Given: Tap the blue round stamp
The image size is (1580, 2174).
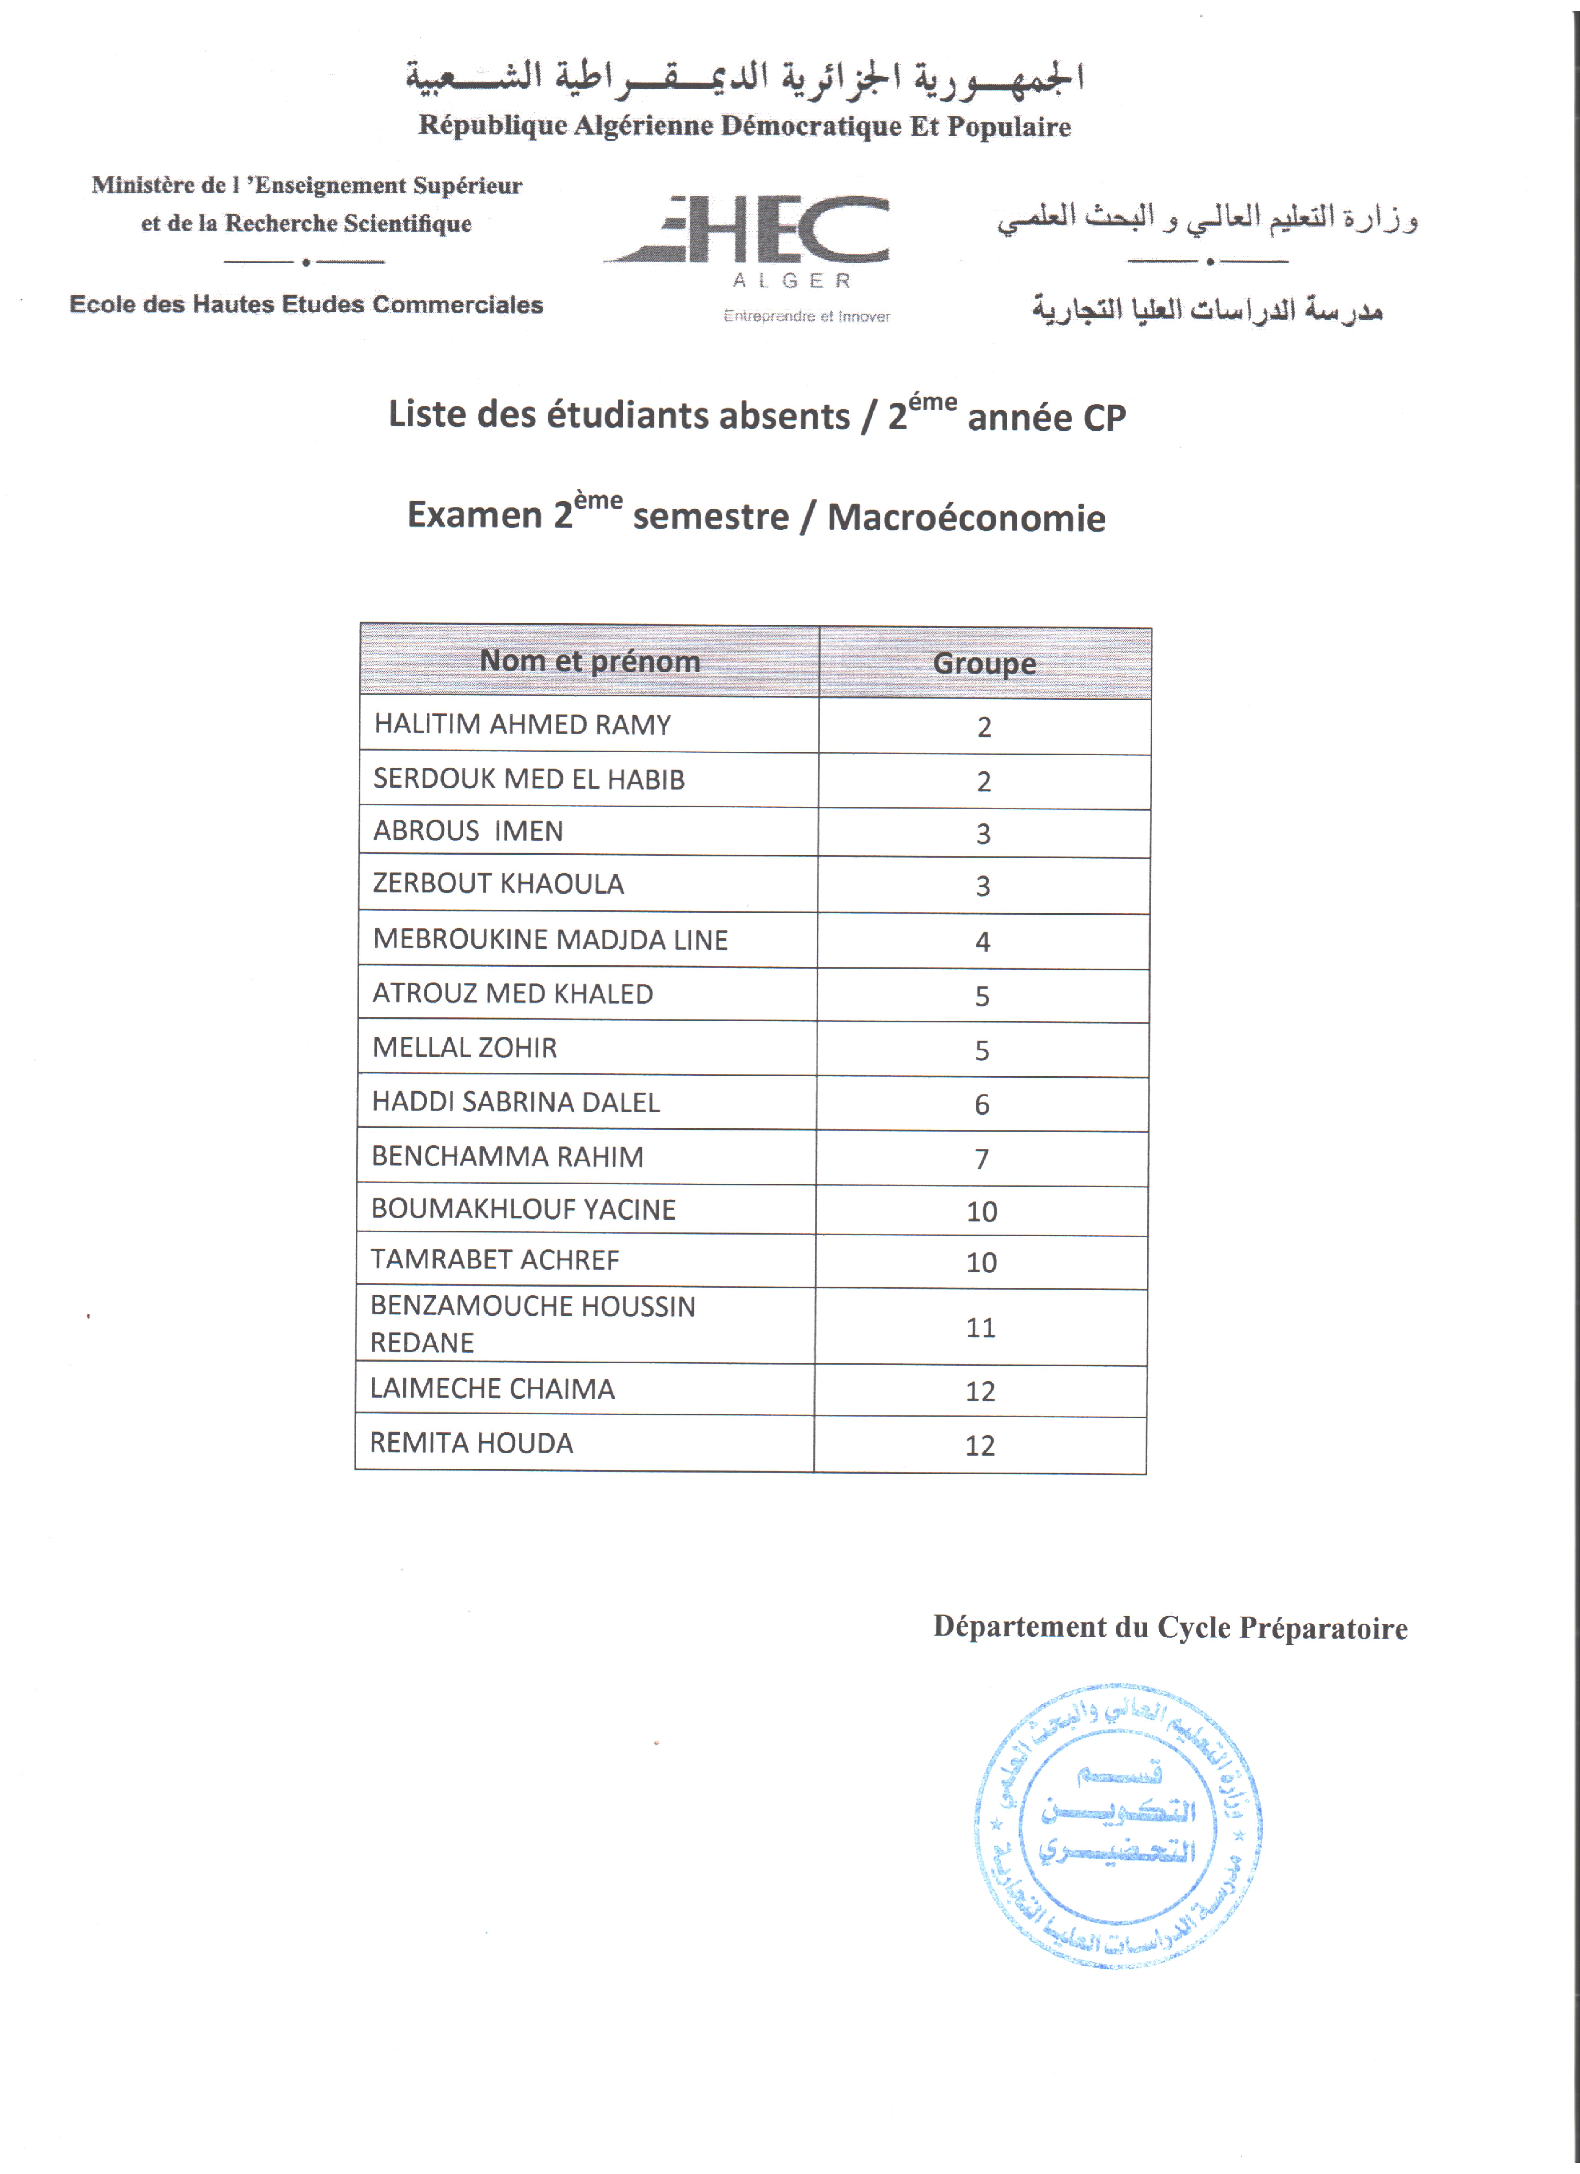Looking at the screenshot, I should click(x=1117, y=1826).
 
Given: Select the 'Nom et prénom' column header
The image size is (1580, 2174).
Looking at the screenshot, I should click(x=589, y=661).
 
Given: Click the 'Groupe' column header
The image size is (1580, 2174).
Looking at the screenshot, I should click(x=984, y=663).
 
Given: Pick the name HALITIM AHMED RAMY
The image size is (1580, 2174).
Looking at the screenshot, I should click(x=522, y=725).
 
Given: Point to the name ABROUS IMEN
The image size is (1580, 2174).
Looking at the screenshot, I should click(x=467, y=831).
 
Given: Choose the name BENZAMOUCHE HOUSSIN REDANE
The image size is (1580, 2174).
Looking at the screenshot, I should click(x=533, y=1324).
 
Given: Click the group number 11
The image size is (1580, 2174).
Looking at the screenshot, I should click(x=980, y=1328).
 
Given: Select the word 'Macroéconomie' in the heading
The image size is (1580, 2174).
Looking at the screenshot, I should click(x=966, y=518).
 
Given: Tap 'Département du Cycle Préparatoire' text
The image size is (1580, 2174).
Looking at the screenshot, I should click(x=1170, y=1628).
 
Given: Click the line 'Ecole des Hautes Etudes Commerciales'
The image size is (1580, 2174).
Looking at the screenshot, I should click(x=307, y=305).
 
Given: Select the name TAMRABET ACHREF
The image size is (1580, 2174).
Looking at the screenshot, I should click(x=495, y=1260).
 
